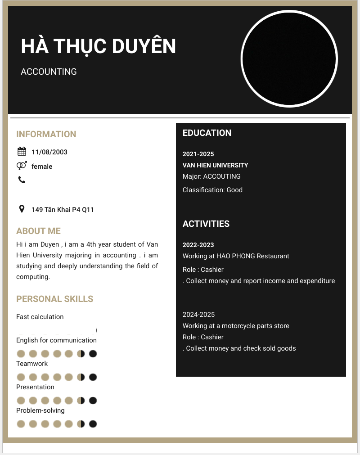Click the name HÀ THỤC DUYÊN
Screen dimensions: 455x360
pos(98,46)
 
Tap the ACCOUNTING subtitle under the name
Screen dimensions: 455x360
pos(49,72)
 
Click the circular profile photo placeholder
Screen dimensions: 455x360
pos(289,59)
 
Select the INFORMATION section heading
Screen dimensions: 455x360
pos(46,134)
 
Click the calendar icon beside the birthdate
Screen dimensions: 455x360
pos(22,152)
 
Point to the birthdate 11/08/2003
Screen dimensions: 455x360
pos(49,152)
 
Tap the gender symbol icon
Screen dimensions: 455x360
pos(22,166)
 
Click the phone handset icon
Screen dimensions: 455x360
pos(22,180)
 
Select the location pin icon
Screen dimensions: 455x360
pos(22,209)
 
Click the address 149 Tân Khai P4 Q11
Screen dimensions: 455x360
pos(63,210)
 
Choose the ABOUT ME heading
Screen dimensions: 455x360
pos(38,231)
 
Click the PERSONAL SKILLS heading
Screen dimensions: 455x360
pos(55,299)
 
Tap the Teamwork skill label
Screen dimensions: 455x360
pos(32,364)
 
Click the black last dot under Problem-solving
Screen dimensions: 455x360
pos(93,423)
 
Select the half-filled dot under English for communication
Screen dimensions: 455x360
pos(81,354)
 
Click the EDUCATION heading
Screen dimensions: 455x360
pos(207,133)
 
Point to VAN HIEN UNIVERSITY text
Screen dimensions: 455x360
pos(215,165)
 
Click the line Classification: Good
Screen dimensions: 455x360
pos(212,190)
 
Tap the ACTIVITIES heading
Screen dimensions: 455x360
pos(206,224)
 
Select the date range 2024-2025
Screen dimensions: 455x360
pos(198,315)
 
